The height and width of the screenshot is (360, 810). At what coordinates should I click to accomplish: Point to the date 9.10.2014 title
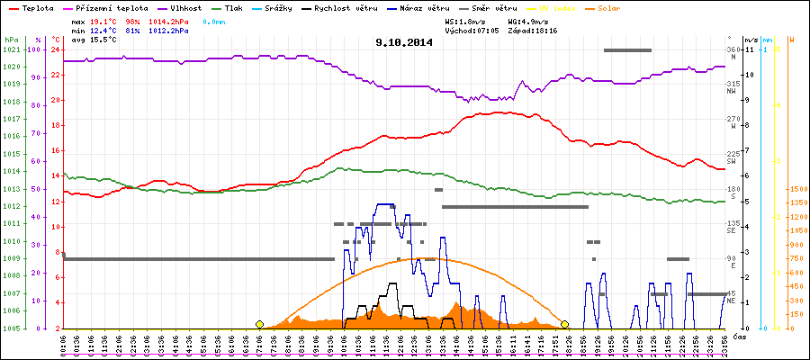pos(404,41)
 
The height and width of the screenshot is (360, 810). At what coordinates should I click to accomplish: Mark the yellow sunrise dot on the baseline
pos(259,324)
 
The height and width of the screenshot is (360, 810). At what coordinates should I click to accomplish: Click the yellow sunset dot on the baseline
pos(565,324)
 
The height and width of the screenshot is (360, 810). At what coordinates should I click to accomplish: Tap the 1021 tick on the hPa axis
pos(11,49)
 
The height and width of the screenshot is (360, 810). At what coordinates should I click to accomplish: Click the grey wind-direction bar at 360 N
pos(627,50)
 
